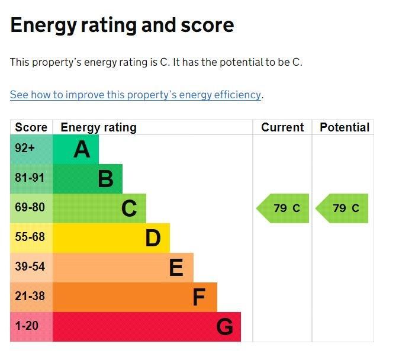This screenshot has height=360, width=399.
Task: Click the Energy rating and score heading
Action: pyautogui.click(x=122, y=25)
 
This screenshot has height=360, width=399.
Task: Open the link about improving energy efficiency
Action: pyautogui.click(x=136, y=95)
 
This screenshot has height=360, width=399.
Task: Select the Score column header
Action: pyautogui.click(x=31, y=127)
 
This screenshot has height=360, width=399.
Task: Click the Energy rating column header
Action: pyautogui.click(x=98, y=127)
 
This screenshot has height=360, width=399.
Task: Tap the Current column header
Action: pyautogui.click(x=282, y=127)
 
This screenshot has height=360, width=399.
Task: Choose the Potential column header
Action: pyautogui.click(x=344, y=127)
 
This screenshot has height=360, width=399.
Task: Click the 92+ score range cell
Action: pyautogui.click(x=25, y=149)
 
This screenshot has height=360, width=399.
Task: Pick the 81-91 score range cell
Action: pyautogui.click(x=30, y=178)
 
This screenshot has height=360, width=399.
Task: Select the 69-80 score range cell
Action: pyautogui.click(x=30, y=208)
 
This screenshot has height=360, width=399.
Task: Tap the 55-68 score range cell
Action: pyautogui.click(x=30, y=237)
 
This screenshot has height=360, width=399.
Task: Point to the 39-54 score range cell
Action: pyautogui.click(x=30, y=267)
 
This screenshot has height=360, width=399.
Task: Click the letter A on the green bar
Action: pyautogui.click(x=82, y=150)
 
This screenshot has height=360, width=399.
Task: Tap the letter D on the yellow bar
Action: pyautogui.click(x=153, y=239)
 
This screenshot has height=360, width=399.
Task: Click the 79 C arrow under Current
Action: pyautogui.click(x=284, y=208)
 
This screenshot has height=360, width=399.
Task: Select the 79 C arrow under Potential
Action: pyautogui.click(x=343, y=208)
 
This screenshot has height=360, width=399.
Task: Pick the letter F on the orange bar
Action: pyautogui.click(x=199, y=298)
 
